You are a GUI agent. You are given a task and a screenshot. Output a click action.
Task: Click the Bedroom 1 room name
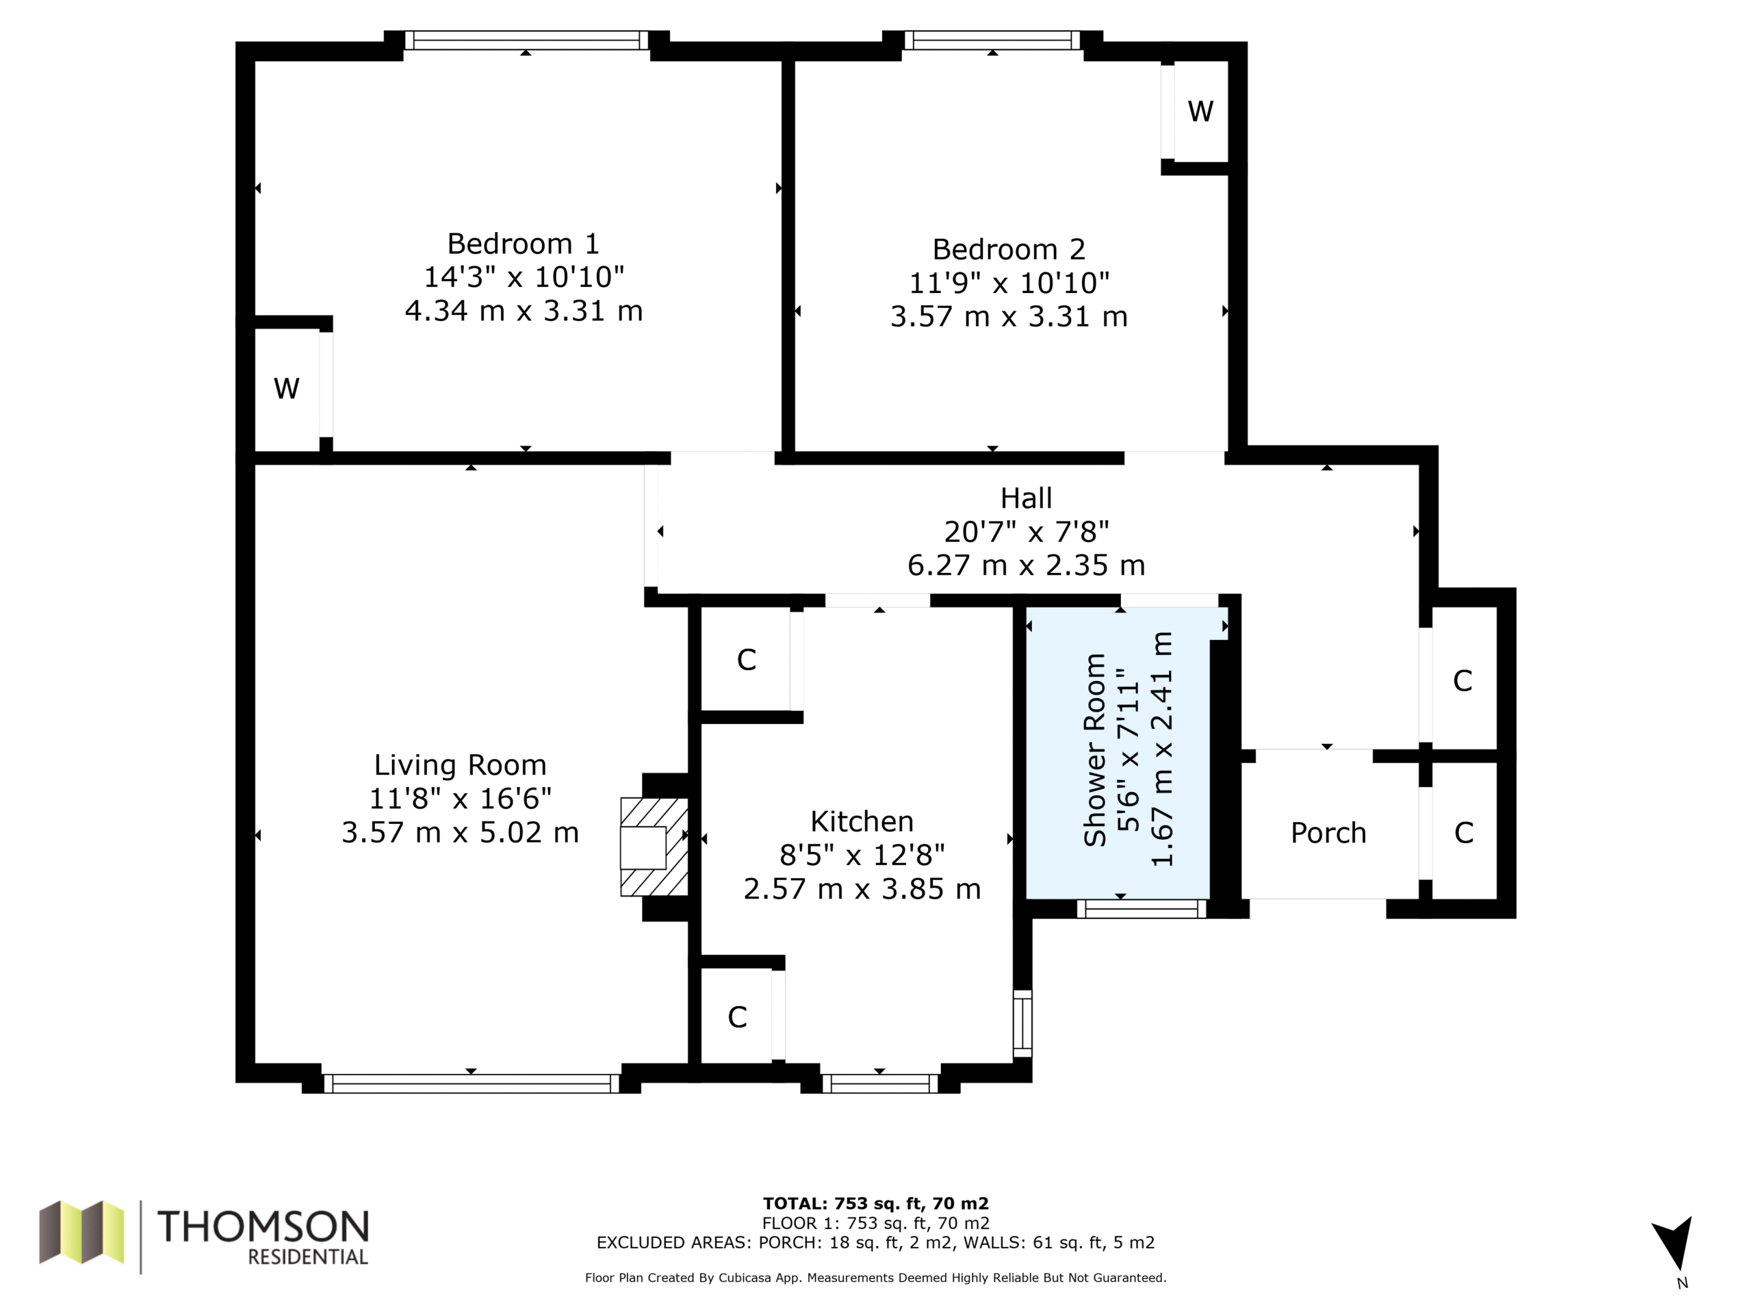click(x=524, y=243)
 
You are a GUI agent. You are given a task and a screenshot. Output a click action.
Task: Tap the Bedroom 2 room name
click(x=1008, y=250)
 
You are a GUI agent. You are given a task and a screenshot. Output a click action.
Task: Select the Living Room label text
click(x=460, y=765)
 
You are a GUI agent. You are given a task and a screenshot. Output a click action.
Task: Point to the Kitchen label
click(x=862, y=821)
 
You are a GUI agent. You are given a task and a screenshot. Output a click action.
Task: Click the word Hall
click(x=1026, y=498)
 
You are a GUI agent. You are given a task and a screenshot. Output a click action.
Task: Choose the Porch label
click(x=1328, y=832)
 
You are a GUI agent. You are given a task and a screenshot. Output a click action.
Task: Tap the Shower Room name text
click(x=1094, y=750)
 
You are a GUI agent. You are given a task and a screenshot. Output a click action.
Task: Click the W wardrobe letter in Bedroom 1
click(x=286, y=388)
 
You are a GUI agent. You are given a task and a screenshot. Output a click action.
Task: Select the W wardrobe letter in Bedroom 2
click(x=1200, y=111)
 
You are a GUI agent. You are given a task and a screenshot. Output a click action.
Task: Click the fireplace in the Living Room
click(x=654, y=847)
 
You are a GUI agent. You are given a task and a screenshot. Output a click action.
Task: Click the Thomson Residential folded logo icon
click(x=81, y=1233)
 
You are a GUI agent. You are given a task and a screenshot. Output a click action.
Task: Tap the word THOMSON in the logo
click(x=263, y=1227)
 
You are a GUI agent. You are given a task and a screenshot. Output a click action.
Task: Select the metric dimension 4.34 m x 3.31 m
click(x=524, y=311)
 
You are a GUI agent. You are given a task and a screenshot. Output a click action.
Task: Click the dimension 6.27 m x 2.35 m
click(x=1026, y=565)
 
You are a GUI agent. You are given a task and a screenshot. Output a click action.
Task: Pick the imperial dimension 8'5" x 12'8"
click(x=862, y=855)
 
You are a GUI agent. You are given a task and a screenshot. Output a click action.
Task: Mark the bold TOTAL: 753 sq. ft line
click(x=875, y=1204)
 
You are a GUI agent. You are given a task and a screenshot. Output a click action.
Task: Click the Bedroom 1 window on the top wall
click(x=527, y=40)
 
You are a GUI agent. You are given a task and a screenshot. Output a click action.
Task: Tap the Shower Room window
click(x=1142, y=908)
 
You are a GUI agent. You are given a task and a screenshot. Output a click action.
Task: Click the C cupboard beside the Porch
click(x=1464, y=832)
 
